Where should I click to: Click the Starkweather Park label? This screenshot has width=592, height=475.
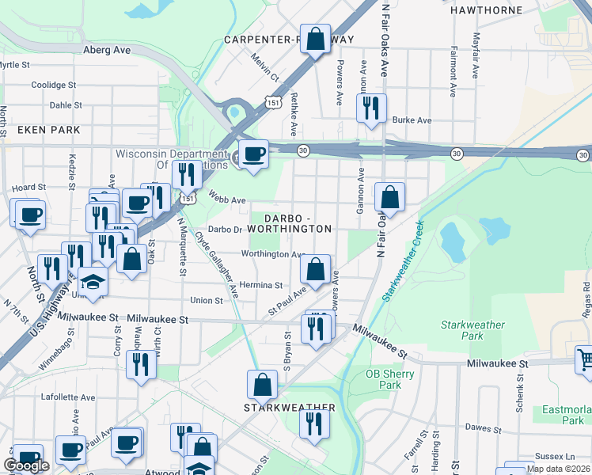472,330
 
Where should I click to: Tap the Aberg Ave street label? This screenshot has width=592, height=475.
107,49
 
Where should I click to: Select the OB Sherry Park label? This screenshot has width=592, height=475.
384,379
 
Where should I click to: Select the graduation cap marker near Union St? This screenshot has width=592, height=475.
93,282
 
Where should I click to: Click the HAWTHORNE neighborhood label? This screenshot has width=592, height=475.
486,10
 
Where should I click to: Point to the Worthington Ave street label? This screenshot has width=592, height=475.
273,254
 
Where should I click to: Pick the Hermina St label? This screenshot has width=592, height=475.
260,285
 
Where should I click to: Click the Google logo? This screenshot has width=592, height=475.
26,465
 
